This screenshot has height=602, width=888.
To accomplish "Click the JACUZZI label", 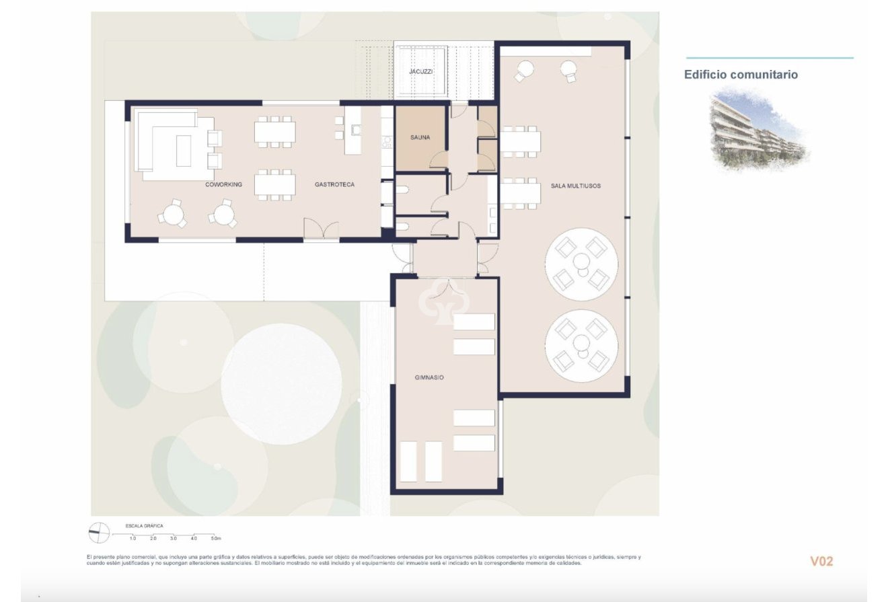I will [420, 71].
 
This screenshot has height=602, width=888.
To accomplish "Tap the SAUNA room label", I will [420, 138].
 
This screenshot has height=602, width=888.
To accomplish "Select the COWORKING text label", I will [223, 184].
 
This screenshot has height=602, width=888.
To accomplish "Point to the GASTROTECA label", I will [334, 184].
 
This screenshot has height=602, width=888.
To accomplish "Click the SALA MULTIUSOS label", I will [575, 185].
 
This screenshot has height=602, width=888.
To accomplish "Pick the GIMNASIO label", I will [429, 378].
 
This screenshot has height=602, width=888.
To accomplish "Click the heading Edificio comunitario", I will [741, 75].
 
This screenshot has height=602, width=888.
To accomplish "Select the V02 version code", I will [821, 561].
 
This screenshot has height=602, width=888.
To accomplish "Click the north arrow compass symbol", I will [99, 533].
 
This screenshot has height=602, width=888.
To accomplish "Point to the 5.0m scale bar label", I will [215, 539].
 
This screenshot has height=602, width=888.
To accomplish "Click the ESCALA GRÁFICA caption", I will [144, 526].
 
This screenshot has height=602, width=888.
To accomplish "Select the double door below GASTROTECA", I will [321, 229].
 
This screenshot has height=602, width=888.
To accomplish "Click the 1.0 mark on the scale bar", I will [133, 539].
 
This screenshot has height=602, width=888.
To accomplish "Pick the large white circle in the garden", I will [281, 383].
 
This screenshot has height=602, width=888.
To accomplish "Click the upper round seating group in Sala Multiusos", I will [581, 264].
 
